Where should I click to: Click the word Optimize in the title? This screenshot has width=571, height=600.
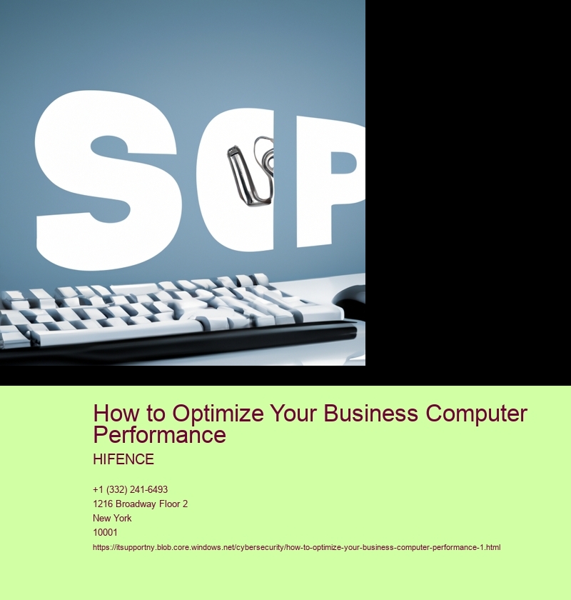218,414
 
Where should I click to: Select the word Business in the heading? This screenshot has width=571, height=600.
370,414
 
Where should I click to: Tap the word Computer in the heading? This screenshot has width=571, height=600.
477,414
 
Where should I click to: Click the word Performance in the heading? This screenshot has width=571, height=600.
159,435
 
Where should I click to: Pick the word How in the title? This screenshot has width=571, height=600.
113,414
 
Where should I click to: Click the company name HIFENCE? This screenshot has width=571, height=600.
123,459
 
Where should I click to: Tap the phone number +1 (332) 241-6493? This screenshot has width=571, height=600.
131,490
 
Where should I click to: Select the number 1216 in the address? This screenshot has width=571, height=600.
103,504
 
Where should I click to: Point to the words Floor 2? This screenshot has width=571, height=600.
173,504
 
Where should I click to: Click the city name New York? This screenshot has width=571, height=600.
112,518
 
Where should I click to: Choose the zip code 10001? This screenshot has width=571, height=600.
105,532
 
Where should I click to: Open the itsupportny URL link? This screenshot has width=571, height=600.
296,548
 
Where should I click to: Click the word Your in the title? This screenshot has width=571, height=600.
294,414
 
